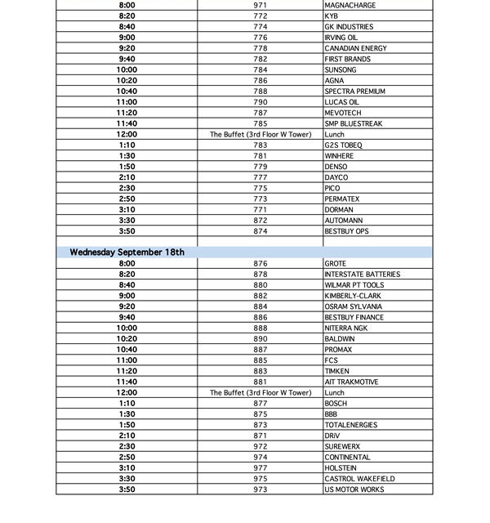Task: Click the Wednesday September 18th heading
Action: [127, 253]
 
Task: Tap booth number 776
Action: [260, 38]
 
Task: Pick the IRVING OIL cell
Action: [341, 38]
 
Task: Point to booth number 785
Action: [260, 123]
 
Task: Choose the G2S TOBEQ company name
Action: [343, 145]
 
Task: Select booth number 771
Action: [260, 210]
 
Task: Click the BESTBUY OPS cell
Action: [346, 231]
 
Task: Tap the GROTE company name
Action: [335, 264]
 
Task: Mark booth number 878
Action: [260, 275]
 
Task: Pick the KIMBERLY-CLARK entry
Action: [352, 296]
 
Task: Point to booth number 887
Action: [260, 350]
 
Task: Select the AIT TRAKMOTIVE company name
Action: [352, 382]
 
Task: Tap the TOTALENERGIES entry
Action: [352, 425]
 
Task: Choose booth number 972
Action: [260, 447]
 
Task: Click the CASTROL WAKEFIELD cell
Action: [359, 479]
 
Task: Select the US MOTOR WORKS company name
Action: [354, 489]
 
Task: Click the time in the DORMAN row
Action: [127, 210]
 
